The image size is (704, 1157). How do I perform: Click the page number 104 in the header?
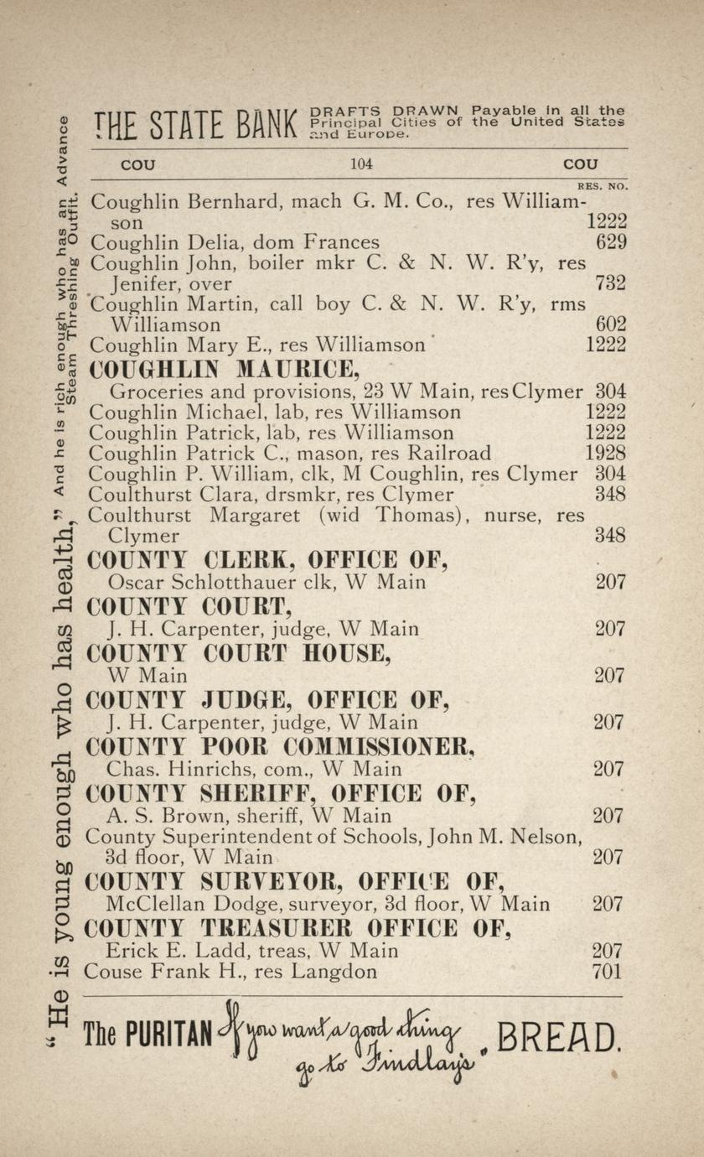tap(361, 164)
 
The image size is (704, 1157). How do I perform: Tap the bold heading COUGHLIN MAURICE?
tap(225, 368)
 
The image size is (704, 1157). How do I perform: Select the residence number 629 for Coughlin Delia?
tap(610, 242)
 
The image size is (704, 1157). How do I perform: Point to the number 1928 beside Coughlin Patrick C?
tap(604, 454)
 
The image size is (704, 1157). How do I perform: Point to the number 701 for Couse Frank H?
tap(607, 972)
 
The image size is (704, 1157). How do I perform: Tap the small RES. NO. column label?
tap(603, 186)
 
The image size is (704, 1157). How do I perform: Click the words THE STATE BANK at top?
tap(196, 126)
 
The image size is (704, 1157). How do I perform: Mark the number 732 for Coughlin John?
tap(610, 283)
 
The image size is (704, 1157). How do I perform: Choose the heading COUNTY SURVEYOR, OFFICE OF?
tap(295, 882)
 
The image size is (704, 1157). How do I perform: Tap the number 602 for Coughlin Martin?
tap(610, 324)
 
